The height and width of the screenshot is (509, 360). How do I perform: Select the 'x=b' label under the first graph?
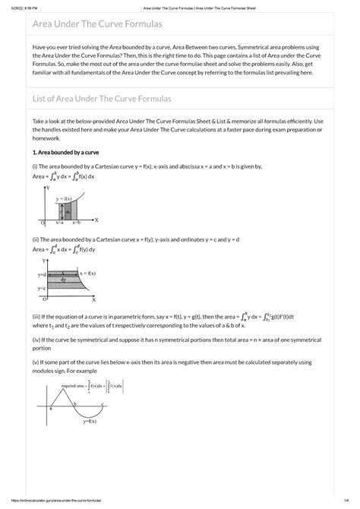[x=77, y=223]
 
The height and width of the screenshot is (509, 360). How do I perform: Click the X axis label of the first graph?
[x=96, y=220]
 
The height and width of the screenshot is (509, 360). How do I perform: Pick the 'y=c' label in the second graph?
[x=43, y=289]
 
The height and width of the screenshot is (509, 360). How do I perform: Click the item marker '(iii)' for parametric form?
[x=36, y=315]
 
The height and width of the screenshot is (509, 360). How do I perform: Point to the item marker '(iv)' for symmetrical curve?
[x=36, y=340]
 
